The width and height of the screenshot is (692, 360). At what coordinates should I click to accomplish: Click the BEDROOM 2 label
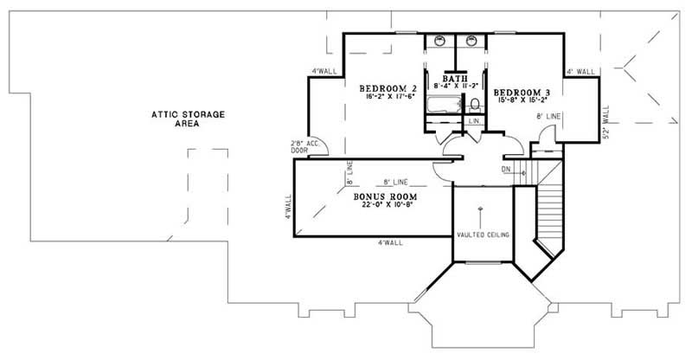click(x=389, y=88)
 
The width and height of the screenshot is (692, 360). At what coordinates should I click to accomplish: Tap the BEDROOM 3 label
click(x=522, y=92)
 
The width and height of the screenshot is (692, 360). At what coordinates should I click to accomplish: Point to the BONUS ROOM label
click(x=388, y=196)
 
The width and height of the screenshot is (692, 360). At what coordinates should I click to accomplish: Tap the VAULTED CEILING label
click(x=483, y=235)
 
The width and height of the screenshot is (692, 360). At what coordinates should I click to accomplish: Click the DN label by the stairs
click(x=506, y=170)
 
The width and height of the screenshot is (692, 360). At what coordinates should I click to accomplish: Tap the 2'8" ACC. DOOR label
click(x=302, y=146)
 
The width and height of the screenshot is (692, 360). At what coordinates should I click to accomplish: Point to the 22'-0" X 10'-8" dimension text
click(x=388, y=207)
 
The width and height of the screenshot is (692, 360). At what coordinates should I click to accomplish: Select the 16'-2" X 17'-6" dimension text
click(x=388, y=99)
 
